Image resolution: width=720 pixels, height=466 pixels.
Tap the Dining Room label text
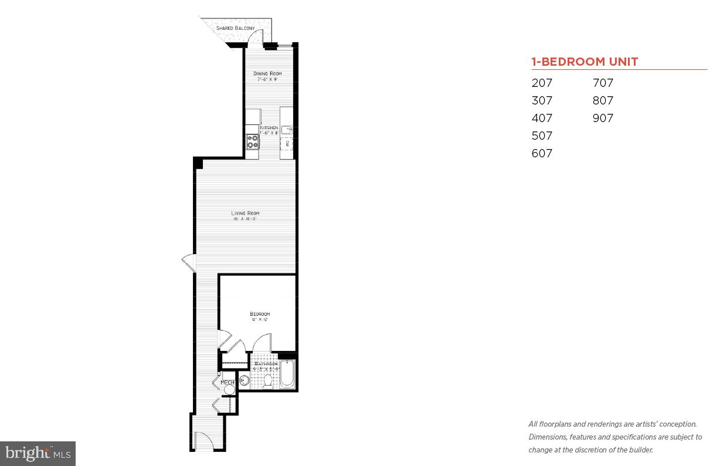[267, 73]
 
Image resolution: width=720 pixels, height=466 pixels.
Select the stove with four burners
[253, 141]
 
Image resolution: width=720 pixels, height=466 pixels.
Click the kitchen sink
[287, 130]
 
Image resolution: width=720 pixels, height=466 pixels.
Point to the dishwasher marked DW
[287, 143]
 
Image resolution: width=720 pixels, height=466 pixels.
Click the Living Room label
[244, 213]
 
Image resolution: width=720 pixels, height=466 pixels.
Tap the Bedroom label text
[260, 315]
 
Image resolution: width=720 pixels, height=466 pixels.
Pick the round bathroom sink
[244, 381]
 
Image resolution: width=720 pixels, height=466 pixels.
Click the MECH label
[227, 383]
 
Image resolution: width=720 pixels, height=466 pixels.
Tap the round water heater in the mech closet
[229, 390]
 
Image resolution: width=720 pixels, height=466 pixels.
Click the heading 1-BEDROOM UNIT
[585, 62]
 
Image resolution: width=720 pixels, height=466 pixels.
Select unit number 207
[542, 83]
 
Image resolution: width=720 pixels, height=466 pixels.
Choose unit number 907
[603, 118]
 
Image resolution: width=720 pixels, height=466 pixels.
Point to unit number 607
[542, 153]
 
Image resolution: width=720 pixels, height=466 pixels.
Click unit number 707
[603, 83]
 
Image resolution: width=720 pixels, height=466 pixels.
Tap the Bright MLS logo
[38, 453]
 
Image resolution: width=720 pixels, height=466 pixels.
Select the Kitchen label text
[269, 128]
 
